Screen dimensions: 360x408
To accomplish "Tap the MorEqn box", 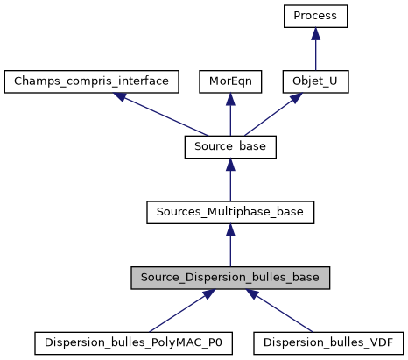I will (230, 81).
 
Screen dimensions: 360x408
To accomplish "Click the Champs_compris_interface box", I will (92, 81).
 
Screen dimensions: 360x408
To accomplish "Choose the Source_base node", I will (230, 147).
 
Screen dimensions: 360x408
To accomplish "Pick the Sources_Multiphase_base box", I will (230, 212).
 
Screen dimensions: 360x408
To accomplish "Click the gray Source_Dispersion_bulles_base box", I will (230, 278).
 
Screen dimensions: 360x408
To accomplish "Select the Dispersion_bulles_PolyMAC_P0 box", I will (133, 342).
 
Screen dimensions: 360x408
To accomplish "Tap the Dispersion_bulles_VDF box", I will (328, 342).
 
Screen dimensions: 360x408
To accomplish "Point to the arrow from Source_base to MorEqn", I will (230, 115).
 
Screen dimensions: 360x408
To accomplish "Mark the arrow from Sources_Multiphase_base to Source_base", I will (230, 180).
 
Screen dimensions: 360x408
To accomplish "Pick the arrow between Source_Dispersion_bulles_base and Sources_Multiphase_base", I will (230, 245).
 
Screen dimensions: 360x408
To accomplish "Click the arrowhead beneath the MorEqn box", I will (230, 98).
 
